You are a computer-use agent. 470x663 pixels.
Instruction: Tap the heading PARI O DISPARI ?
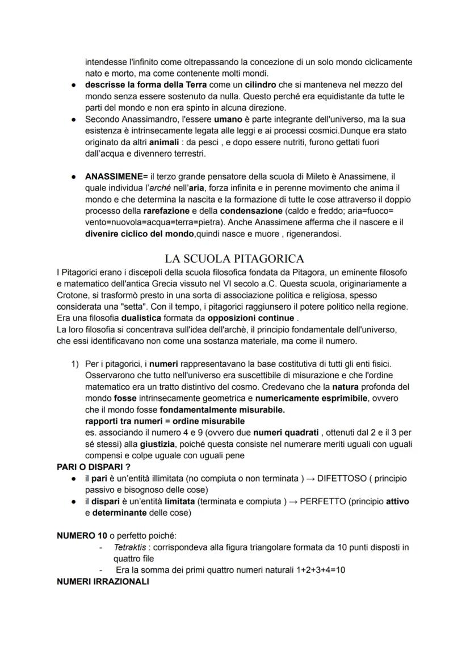94,467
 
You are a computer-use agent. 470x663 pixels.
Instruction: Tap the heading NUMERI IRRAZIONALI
103,582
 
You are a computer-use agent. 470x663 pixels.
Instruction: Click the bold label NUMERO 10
81,536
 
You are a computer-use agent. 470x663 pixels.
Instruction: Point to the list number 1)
75,363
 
